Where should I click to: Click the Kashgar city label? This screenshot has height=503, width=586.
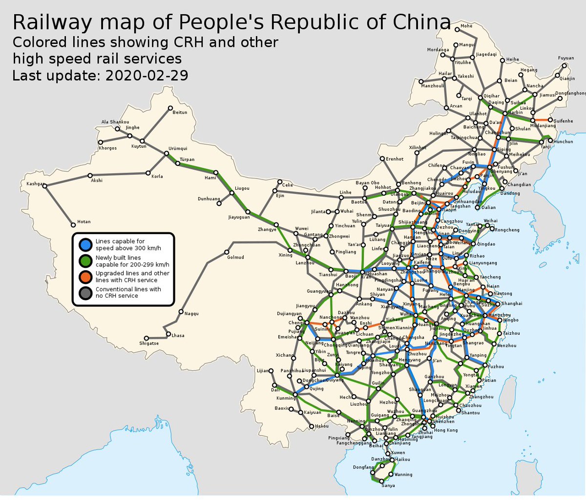click(35, 184)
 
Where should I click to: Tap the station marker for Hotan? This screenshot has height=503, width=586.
click(73, 225)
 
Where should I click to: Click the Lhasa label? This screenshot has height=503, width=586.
click(178, 336)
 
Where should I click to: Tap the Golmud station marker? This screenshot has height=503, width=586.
click(227, 252)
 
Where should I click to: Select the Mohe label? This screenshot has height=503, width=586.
click(466, 26)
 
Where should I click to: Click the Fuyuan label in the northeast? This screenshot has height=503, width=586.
click(566, 58)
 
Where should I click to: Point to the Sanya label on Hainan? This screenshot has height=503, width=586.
click(388, 485)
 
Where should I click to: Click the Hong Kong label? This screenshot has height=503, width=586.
click(446, 430)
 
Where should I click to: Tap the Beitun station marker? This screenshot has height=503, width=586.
click(170, 108)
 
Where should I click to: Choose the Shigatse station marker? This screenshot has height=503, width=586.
click(146, 338)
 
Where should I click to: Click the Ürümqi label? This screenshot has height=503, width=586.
click(178, 148)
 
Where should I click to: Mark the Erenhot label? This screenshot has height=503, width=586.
click(395, 159)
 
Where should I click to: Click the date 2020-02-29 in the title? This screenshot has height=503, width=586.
click(146, 76)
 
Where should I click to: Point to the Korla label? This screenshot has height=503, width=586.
click(157, 176)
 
